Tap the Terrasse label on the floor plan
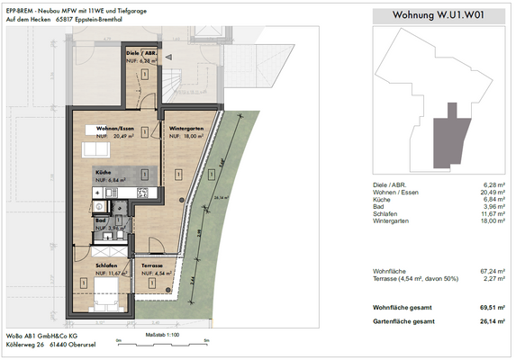click(150, 266)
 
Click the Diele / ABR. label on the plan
click(142, 54)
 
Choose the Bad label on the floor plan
click(101, 220)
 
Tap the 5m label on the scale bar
click(206, 341)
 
